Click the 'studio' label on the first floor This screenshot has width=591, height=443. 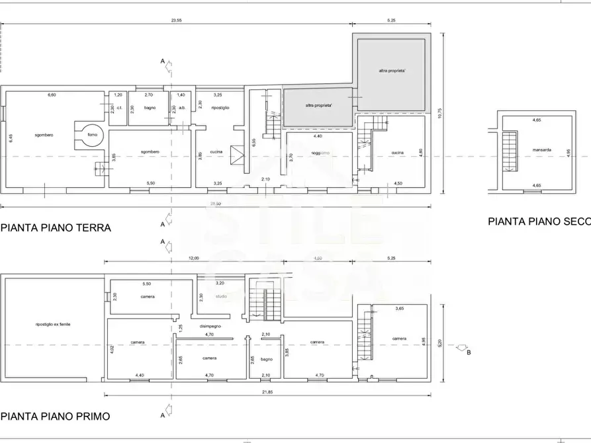[220, 296]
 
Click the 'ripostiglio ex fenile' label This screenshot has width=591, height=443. [53, 324]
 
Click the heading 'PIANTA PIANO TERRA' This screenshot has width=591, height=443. [56, 228]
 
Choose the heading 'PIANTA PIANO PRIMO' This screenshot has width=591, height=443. [56, 417]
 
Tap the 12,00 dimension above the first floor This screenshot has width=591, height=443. [193, 259]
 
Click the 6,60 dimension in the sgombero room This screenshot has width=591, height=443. [52, 96]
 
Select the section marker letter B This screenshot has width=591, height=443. [469, 352]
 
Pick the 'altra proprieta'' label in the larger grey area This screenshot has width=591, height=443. [392, 71]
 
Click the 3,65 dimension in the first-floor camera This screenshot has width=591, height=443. [399, 309]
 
